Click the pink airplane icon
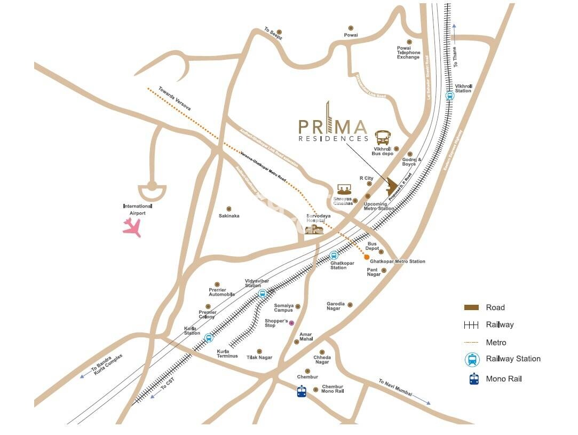point(132,227)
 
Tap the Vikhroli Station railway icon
point(450,97)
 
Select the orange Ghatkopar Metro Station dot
point(367,258)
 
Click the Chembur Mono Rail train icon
point(302,391)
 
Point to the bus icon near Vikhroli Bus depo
point(383,138)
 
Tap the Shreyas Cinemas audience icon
point(344,189)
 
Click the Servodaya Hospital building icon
point(314,230)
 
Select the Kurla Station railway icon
point(208,338)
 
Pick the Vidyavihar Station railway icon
point(262,294)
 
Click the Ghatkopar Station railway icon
point(334,256)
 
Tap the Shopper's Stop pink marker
point(291,323)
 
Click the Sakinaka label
point(229,216)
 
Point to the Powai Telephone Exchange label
point(408,52)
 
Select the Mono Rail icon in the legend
point(473,379)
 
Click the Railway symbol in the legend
point(471,325)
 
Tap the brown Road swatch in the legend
point(471,307)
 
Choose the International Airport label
point(137,209)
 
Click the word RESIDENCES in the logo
point(333,138)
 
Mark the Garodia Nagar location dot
point(350,305)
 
